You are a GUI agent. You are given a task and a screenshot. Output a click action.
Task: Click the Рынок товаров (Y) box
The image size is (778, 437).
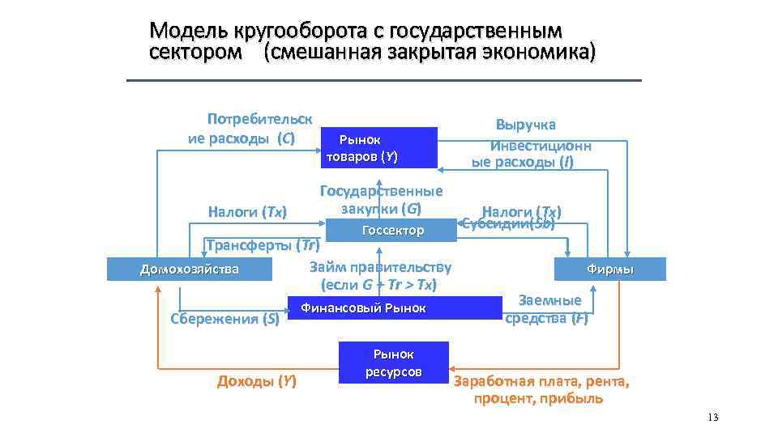[379, 147]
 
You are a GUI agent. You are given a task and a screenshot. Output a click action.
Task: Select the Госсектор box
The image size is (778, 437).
[392, 231]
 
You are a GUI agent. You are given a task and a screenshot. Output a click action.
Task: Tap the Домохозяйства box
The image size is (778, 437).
[190, 269]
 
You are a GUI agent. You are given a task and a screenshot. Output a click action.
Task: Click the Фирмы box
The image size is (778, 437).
[609, 269]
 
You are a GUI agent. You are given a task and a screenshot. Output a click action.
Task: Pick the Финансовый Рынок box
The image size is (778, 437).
[395, 308]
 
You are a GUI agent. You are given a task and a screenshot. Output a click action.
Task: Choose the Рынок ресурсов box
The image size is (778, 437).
[393, 363]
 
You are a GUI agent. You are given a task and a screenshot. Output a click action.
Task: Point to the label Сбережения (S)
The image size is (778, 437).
[224, 319]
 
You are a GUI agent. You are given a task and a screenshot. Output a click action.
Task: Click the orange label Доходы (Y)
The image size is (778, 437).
[256, 380]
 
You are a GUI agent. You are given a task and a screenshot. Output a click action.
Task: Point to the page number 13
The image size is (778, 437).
[712, 418]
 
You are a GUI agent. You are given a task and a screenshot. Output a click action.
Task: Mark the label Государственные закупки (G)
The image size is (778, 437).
[381, 200]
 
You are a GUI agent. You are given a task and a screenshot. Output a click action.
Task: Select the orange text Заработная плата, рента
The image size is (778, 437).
[541, 381]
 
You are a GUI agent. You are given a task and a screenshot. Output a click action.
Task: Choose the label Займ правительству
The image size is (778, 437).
[380, 267]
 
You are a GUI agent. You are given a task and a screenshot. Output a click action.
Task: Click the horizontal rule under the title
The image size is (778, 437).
[383, 80]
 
